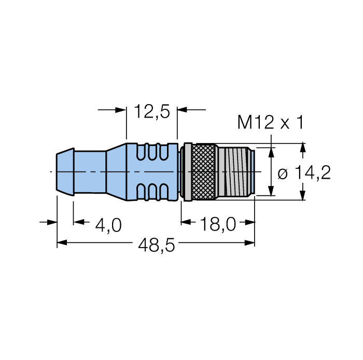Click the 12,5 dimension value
click(152, 111)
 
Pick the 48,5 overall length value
click(156, 246)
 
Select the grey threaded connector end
click(235, 171)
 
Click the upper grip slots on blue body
click(153, 153)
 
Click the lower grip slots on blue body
click(153, 190)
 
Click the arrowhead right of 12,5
click(183, 110)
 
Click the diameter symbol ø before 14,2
click(283, 174)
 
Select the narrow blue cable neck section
click(90, 171)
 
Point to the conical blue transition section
click(116, 171)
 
